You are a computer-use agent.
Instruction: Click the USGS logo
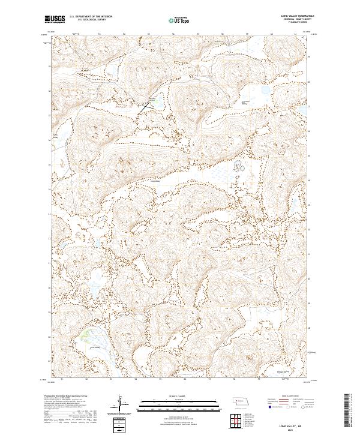point(55,20)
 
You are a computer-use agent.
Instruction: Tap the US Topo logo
point(179,20)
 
